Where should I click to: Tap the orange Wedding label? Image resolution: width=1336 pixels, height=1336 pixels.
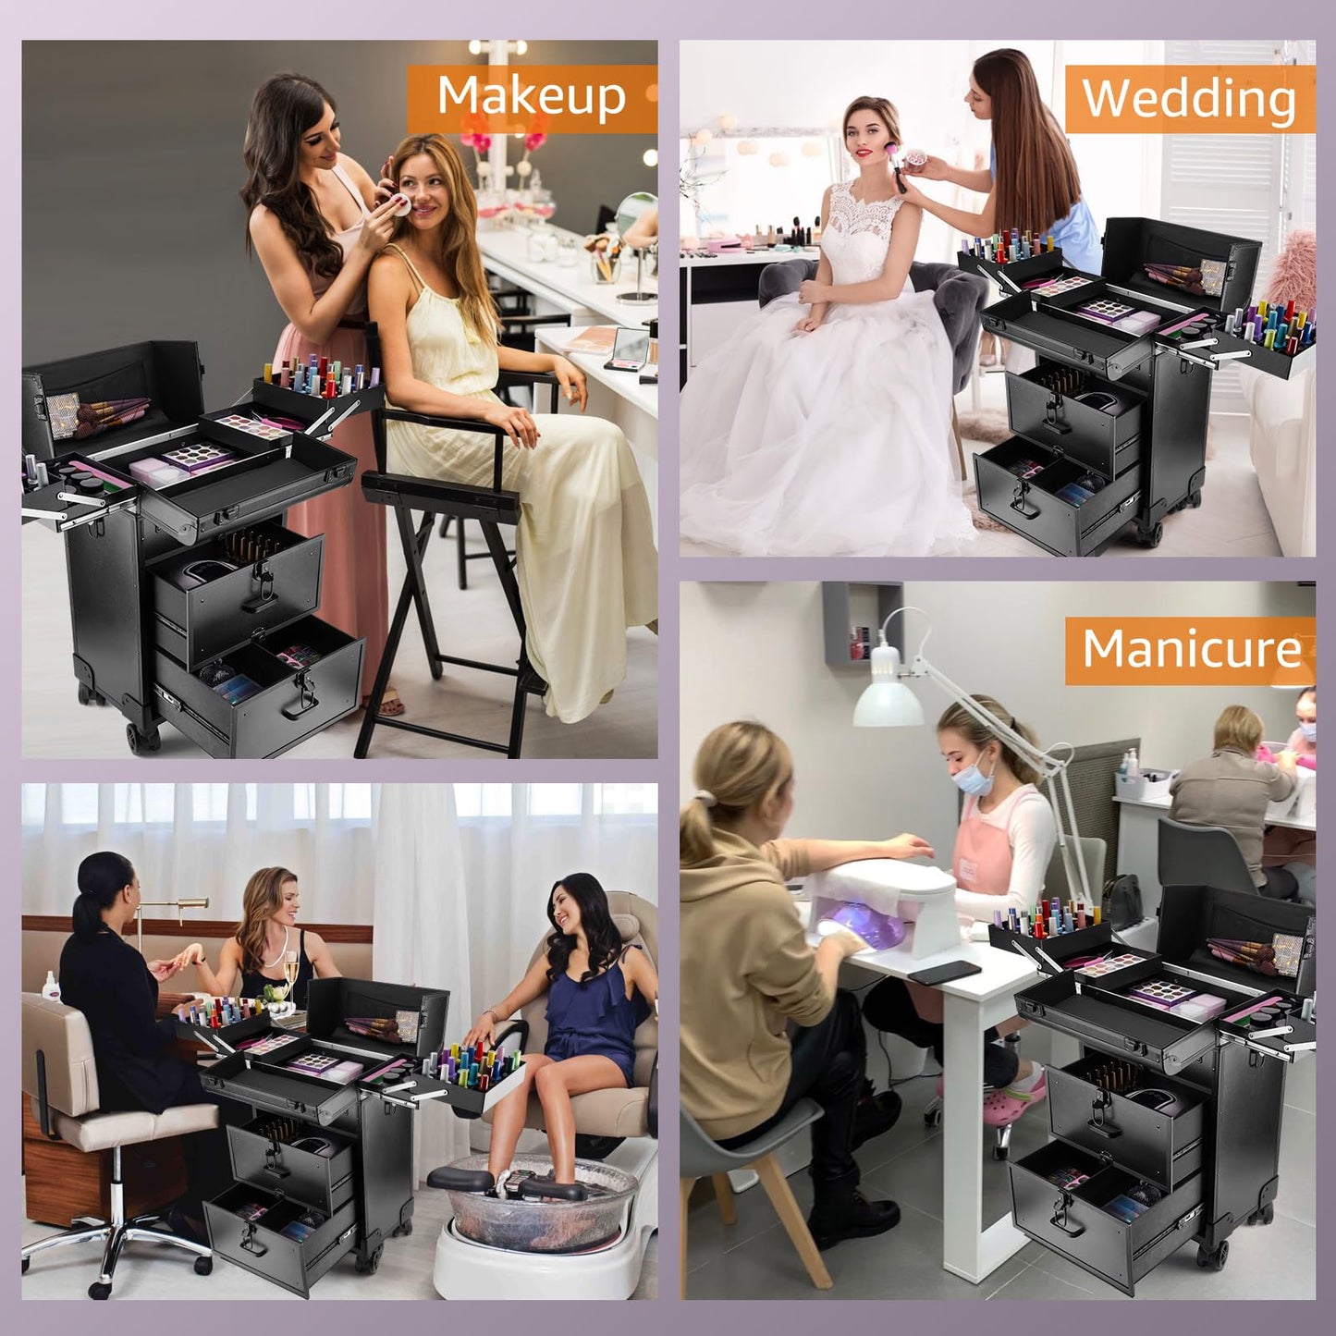[1189, 100]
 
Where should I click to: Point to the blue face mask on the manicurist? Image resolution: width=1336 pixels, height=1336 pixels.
[974, 772]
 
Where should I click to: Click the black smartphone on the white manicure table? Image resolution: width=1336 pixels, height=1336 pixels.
[943, 971]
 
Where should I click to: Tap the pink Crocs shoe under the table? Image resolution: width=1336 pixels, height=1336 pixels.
[1009, 1106]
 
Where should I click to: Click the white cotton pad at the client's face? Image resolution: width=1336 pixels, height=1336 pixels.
[402, 206]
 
